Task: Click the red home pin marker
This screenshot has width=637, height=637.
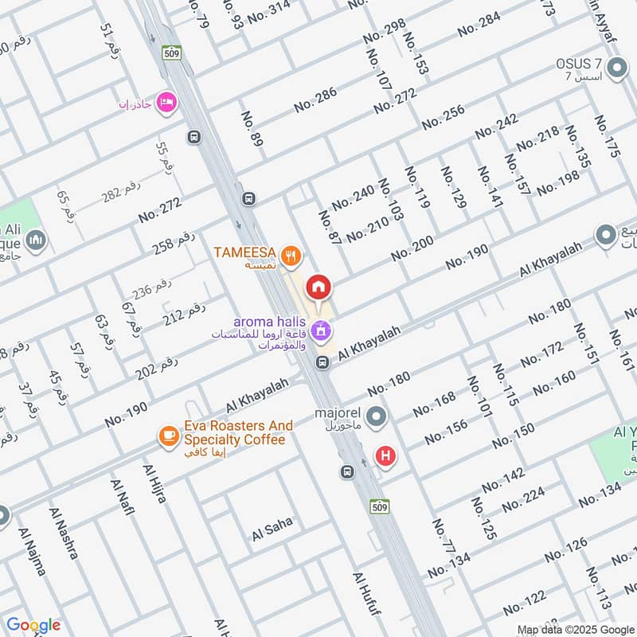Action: click(x=319, y=287)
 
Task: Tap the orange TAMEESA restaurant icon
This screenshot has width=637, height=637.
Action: click(x=294, y=255)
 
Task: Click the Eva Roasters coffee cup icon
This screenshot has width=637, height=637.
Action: click(x=168, y=435)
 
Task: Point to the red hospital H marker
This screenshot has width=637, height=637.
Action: click(x=386, y=456)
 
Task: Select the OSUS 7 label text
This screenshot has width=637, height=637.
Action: click(x=578, y=64)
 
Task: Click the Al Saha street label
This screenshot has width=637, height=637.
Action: click(x=272, y=529)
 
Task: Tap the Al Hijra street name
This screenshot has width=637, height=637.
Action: click(x=155, y=484)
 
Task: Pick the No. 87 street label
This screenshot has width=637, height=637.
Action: click(x=329, y=228)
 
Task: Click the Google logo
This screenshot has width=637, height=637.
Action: click(x=33, y=625)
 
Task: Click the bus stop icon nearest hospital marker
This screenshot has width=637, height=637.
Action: click(x=348, y=471)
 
